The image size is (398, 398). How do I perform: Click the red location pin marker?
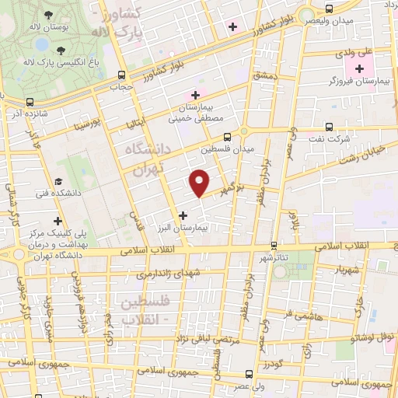point(199,182)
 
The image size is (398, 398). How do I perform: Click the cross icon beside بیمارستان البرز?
point(183,215)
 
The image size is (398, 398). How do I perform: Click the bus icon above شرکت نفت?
point(329,126)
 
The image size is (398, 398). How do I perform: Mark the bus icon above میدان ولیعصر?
point(329,9)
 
